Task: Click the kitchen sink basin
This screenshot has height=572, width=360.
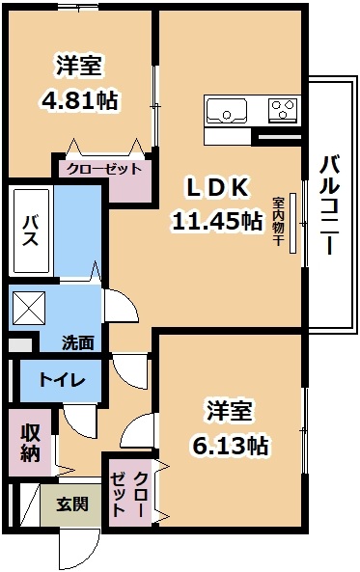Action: pyautogui.click(x=226, y=110)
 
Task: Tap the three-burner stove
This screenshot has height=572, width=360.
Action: pyautogui.click(x=284, y=110)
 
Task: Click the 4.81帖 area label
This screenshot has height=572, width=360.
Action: pyautogui.click(x=79, y=100)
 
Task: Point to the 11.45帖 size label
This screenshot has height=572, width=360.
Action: pyautogui.click(x=217, y=221)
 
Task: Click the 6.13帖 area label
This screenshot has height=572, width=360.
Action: pyautogui.click(x=230, y=446)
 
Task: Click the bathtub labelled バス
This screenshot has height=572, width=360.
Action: pyautogui.click(x=31, y=231)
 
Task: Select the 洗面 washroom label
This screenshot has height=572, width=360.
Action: pyautogui.click(x=78, y=342)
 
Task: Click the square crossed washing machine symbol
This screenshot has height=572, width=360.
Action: pyautogui.click(x=29, y=307)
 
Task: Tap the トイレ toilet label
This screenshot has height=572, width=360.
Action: pyautogui.click(x=62, y=380)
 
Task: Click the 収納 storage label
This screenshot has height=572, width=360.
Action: pyautogui.click(x=30, y=443)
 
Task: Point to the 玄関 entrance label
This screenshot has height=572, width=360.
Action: pyautogui.click(x=72, y=504)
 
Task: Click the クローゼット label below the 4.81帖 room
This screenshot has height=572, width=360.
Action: pyautogui.click(x=104, y=169)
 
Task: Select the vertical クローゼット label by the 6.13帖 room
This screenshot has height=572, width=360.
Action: pyautogui.click(x=129, y=494)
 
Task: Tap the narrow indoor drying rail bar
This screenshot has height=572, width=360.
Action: pyautogui.click(x=293, y=223)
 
